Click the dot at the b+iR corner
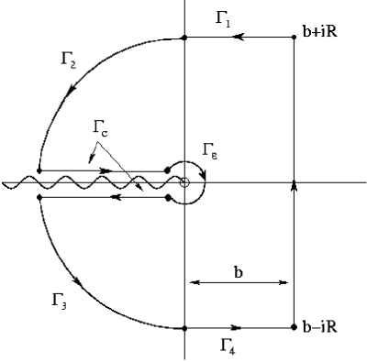pyautogui.click(x=294, y=38)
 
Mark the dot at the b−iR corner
pyautogui.click(x=294, y=327)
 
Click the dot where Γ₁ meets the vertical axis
pyautogui.click(x=184, y=38)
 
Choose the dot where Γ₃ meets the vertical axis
pyautogui.click(x=184, y=327)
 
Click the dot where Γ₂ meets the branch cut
pyautogui.click(x=39, y=171)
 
